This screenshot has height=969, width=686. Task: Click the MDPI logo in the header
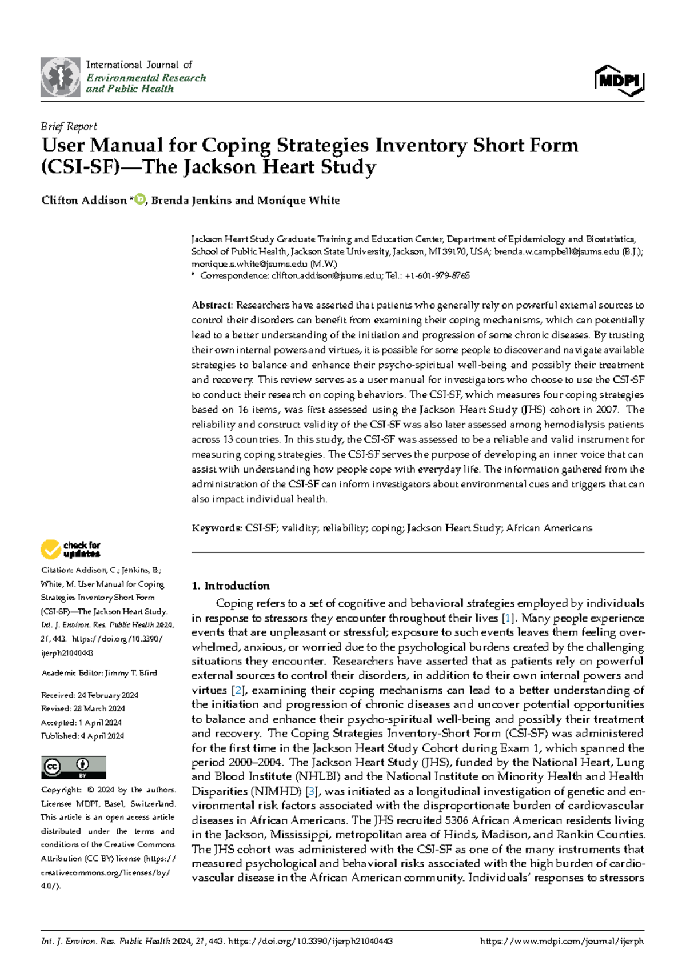619,80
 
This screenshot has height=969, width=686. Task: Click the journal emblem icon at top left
60,77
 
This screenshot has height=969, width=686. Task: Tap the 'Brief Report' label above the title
69,126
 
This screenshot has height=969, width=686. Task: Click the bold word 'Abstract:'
212,305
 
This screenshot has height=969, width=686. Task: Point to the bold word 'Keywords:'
217,528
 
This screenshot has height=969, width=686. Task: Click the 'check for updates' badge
71,550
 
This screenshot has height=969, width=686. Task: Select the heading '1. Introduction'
230,586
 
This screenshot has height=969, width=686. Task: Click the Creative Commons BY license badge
73,767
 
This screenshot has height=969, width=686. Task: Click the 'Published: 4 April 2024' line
82,736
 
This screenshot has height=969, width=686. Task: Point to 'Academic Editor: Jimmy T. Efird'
99,673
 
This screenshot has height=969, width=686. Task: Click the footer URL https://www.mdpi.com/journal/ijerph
562,942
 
